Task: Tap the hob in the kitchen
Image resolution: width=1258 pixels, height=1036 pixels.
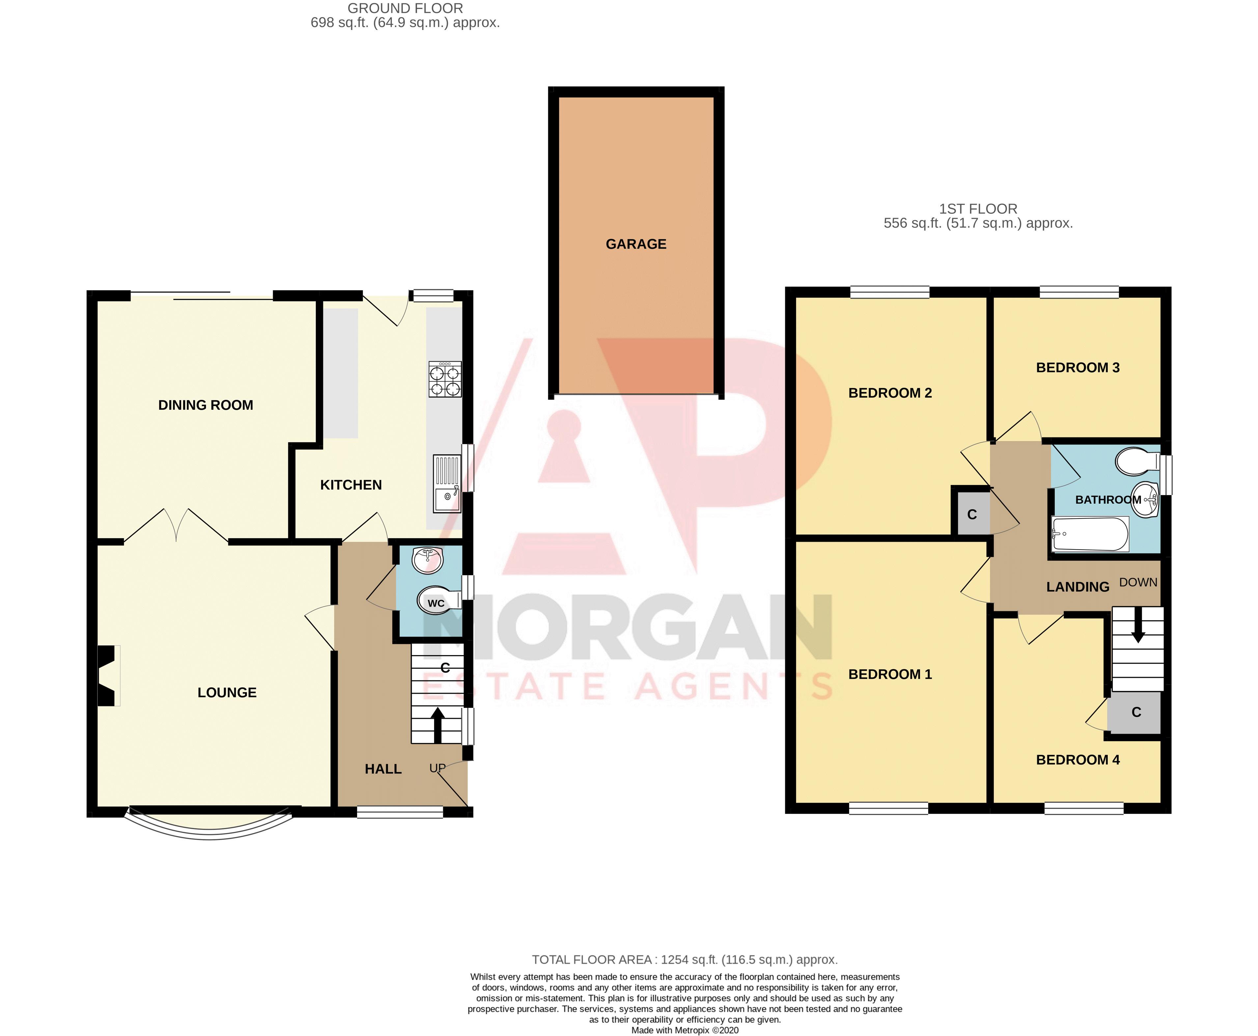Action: tap(445, 379)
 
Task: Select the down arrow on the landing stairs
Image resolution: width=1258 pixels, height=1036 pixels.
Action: tap(1138, 625)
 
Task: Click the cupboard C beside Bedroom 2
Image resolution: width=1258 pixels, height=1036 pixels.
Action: tap(971, 515)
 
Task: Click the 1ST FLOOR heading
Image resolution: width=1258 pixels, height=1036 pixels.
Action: tap(978, 209)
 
